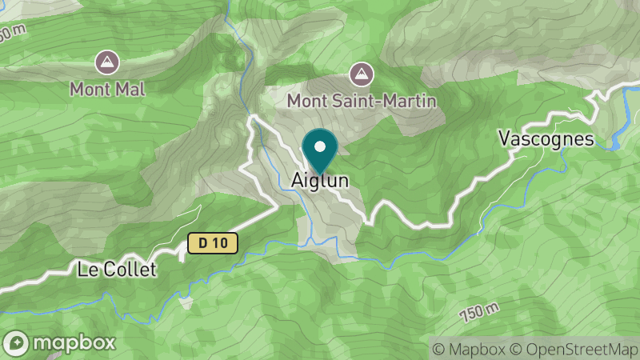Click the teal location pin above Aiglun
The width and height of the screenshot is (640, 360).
(x=320, y=151)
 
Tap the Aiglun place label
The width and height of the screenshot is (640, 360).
(x=319, y=182)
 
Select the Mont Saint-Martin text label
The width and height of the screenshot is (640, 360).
(x=362, y=102)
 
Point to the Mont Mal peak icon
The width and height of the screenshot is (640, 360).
(x=106, y=61)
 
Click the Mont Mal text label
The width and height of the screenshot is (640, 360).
(x=107, y=88)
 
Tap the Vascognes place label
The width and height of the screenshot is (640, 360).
(x=546, y=138)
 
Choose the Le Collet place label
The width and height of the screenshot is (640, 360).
(x=117, y=270)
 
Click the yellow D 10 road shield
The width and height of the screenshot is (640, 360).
(x=214, y=243)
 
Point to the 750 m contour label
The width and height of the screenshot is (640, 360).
(x=480, y=312)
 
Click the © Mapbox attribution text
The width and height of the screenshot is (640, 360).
(x=469, y=349)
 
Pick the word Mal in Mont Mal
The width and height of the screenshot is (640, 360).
(x=131, y=88)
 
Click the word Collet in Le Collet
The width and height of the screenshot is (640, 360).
(x=135, y=270)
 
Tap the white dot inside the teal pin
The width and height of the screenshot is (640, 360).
(x=320, y=146)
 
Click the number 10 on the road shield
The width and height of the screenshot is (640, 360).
(x=221, y=243)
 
